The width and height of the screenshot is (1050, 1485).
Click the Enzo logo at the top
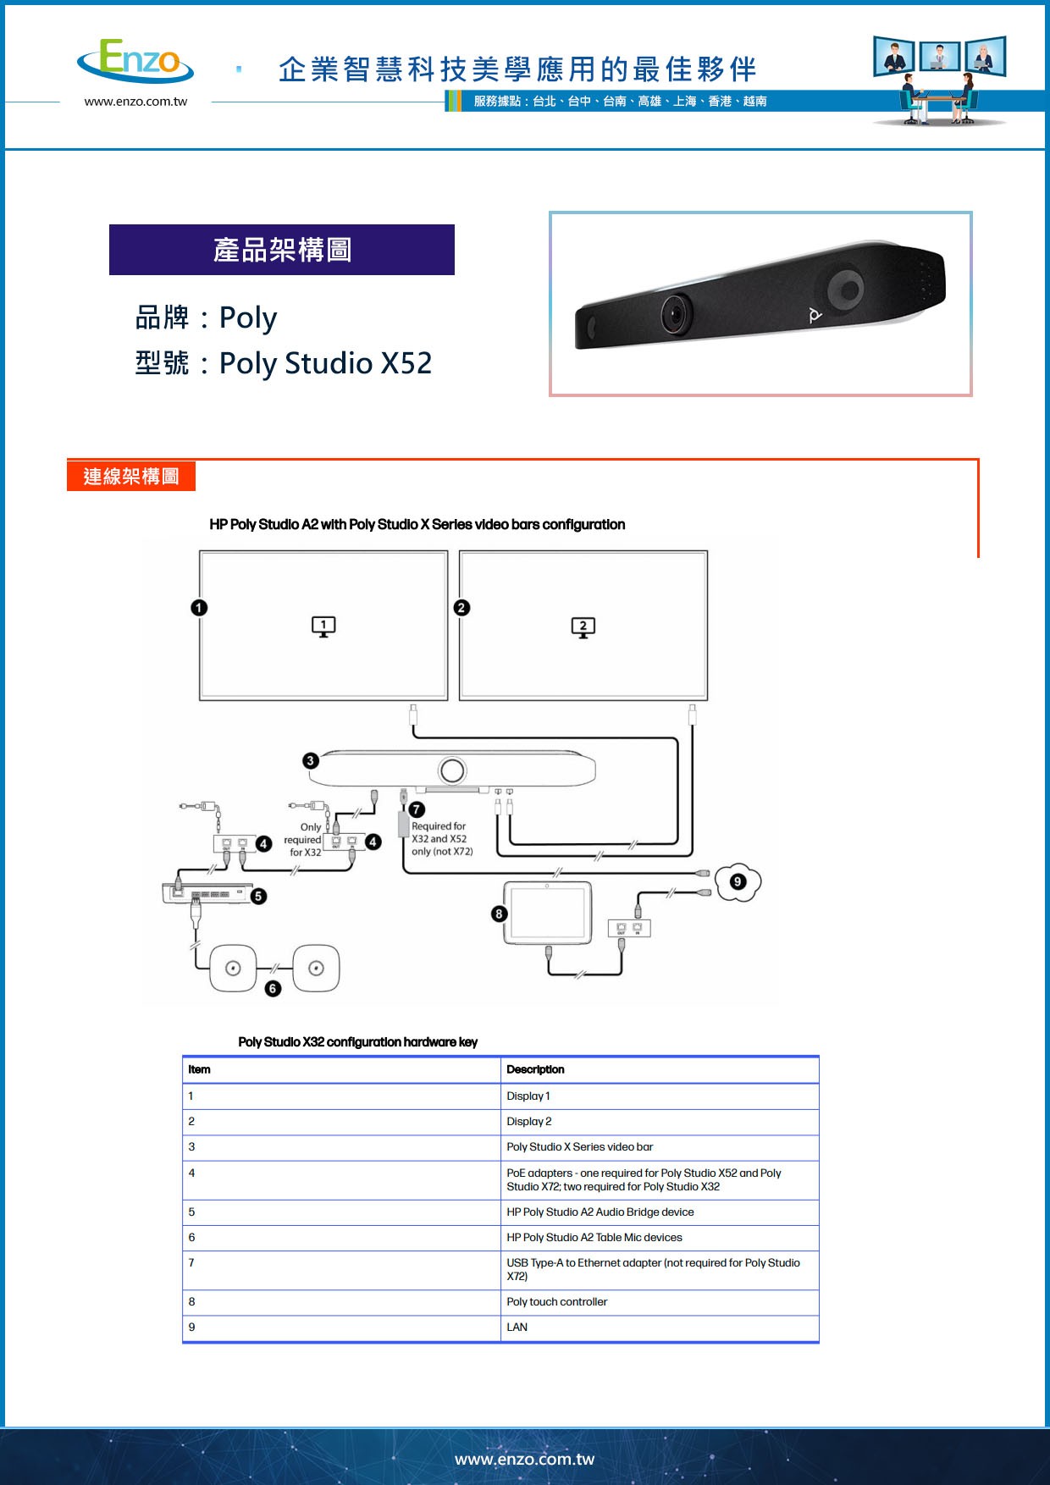[x=136, y=61]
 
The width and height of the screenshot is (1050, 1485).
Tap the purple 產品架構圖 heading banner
[x=282, y=250]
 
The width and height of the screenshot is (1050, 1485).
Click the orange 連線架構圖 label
[x=131, y=476]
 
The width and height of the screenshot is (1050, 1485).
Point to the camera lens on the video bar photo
[x=676, y=314]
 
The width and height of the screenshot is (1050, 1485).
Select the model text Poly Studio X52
[x=325, y=363]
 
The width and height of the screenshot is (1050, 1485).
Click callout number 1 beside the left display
[x=199, y=607]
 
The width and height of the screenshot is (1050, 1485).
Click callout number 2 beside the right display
[x=461, y=607]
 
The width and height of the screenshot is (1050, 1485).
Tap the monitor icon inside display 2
[x=583, y=627]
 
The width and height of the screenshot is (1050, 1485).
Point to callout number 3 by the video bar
[x=311, y=760]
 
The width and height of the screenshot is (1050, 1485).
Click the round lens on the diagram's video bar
[x=452, y=770]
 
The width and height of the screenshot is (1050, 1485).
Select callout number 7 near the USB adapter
[x=417, y=809]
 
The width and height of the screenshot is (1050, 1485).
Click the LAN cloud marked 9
[x=738, y=881]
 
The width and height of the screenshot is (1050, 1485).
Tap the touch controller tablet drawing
[x=547, y=913]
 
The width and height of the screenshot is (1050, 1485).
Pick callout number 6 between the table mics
[x=273, y=988]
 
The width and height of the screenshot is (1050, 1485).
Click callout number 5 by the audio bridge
[x=258, y=896]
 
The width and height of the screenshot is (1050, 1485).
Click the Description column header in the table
[x=535, y=1069]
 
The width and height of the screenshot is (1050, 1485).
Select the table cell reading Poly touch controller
[x=556, y=1301]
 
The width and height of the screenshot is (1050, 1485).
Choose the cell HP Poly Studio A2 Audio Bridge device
[x=600, y=1212]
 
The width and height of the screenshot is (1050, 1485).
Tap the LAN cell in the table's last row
[x=517, y=1327]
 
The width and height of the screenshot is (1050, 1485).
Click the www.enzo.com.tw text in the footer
[x=524, y=1459]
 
